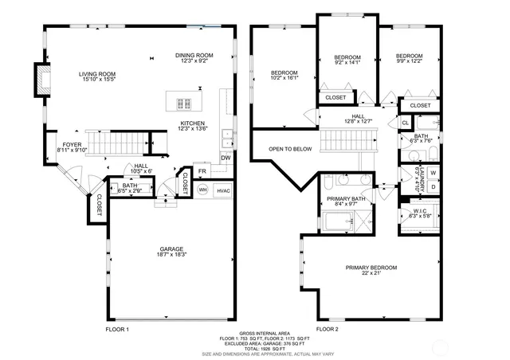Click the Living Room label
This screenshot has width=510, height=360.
[x=97, y=76]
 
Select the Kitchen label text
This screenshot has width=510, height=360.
[x=193, y=123]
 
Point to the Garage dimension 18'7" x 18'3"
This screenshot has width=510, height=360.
[x=170, y=254]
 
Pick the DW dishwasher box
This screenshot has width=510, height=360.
[x=226, y=157]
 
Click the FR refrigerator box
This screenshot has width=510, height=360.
[x=202, y=171]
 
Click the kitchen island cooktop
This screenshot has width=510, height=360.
[x=181, y=101]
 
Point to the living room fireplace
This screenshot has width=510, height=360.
[x=40, y=77]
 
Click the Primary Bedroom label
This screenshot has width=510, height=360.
[x=371, y=268]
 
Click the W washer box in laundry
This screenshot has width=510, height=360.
[x=433, y=172]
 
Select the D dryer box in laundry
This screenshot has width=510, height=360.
[x=433, y=187]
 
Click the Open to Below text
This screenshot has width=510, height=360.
[x=290, y=149]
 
